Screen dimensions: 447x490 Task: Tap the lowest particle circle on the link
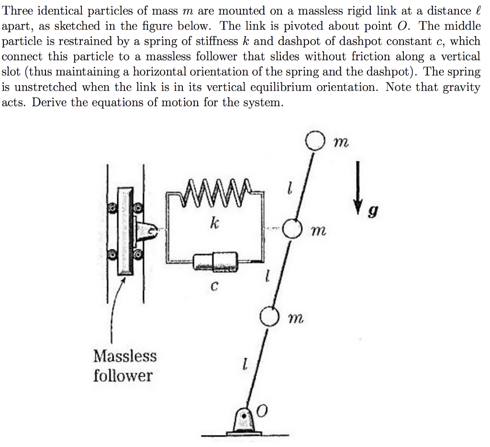click(269, 316)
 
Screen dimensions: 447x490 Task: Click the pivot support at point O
click(245, 422)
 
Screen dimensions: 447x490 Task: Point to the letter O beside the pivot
click(262, 411)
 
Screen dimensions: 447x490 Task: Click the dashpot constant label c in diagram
click(215, 287)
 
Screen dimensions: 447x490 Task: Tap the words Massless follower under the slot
click(124, 366)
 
